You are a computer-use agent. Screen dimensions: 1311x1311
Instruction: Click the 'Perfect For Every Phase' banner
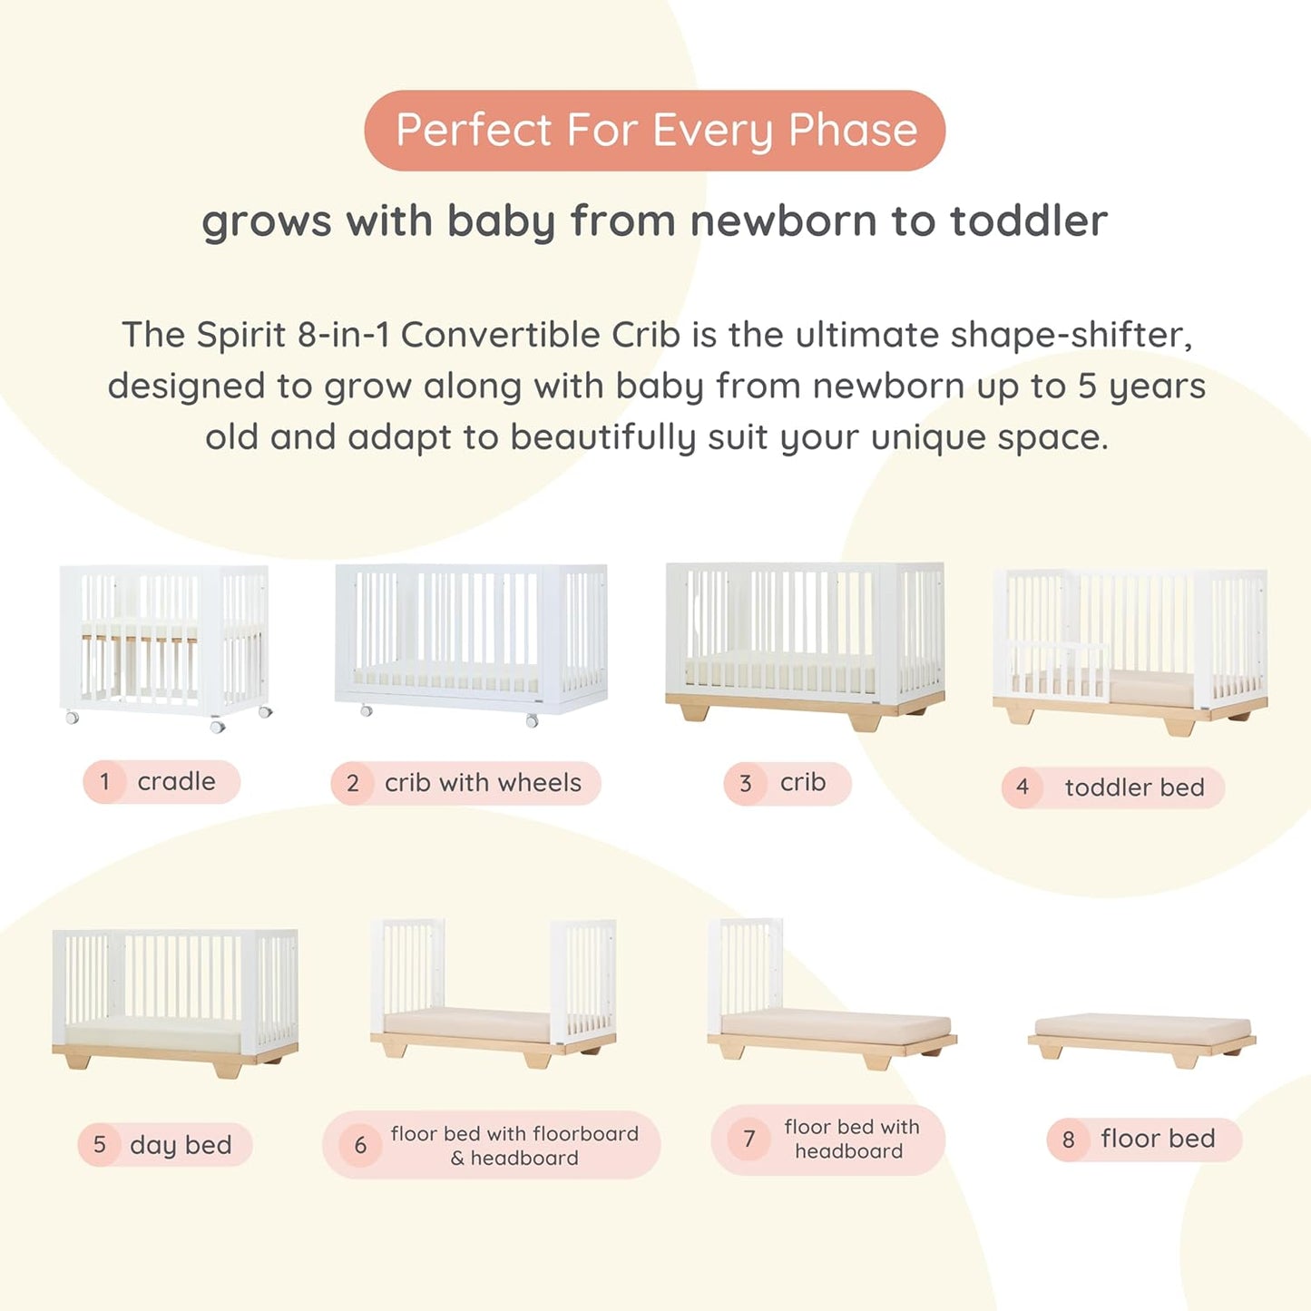click(654, 131)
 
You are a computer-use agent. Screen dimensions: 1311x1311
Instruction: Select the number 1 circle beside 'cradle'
click(105, 782)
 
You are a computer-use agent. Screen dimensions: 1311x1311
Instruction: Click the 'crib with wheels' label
click(482, 783)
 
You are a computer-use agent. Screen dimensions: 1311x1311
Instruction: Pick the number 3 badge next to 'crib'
click(746, 784)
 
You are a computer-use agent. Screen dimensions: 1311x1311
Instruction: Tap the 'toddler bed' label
click(1133, 788)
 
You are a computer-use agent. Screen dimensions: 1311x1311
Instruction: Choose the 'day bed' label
click(181, 1145)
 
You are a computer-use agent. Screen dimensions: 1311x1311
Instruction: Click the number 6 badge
click(360, 1146)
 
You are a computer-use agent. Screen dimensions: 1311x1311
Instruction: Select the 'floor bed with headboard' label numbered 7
click(850, 1140)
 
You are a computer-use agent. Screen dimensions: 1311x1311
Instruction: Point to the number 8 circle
click(1069, 1140)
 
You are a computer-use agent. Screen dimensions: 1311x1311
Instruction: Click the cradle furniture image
click(164, 644)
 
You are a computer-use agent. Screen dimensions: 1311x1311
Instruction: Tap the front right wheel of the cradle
click(218, 726)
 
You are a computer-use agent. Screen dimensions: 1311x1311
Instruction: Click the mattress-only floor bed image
click(1142, 1034)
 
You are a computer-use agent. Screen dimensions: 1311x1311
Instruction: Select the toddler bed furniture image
click(1130, 649)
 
